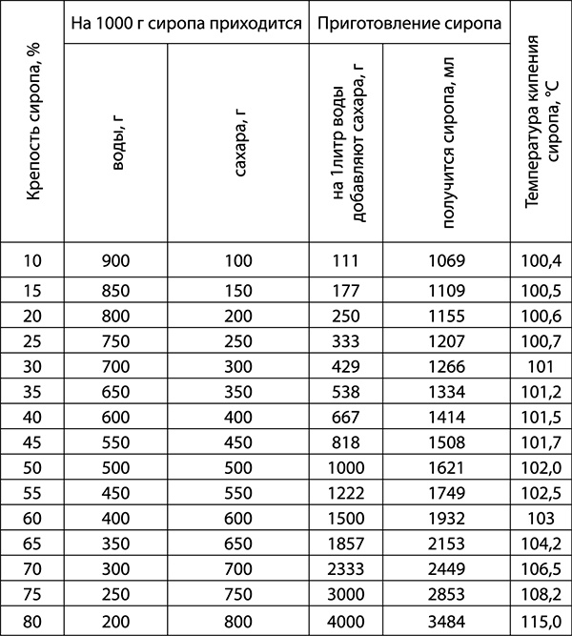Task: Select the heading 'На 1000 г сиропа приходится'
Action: point(186,22)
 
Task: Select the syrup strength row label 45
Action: point(31,441)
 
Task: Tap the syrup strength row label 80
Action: point(31,621)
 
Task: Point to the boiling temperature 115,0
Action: point(541,621)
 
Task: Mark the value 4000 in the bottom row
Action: point(345,621)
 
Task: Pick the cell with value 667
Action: point(345,416)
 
